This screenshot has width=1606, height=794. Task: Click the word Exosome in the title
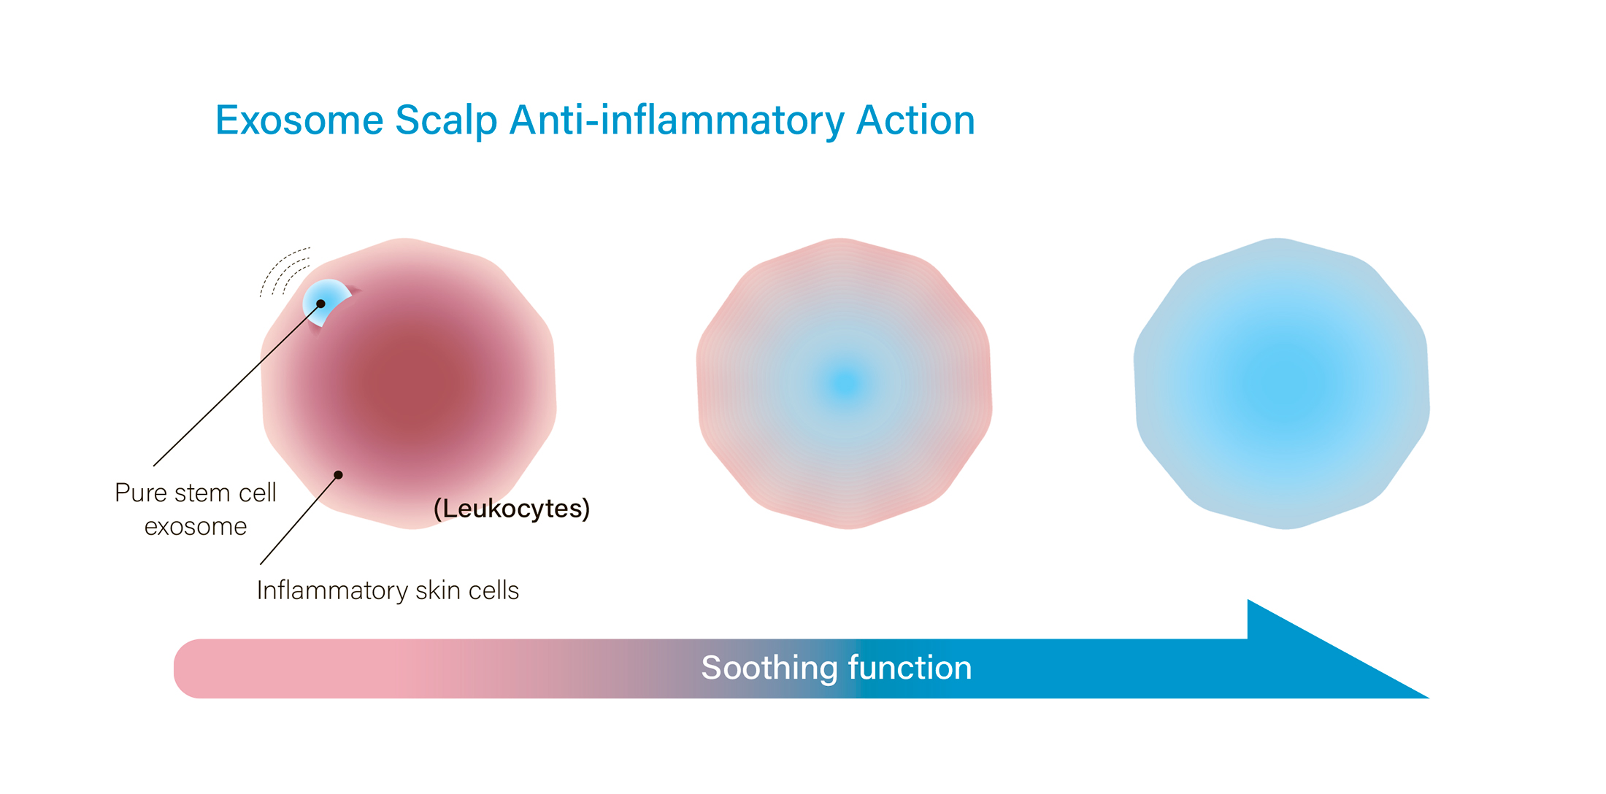pyautogui.click(x=299, y=120)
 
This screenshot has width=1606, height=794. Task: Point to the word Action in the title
pyautogui.click(x=915, y=120)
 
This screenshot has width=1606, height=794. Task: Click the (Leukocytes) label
pyautogui.click(x=512, y=508)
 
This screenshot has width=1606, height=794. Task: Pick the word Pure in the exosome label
pyautogui.click(x=142, y=493)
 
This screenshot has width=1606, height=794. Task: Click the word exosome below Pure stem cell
pyautogui.click(x=196, y=527)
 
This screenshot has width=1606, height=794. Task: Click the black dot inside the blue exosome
pyautogui.click(x=320, y=304)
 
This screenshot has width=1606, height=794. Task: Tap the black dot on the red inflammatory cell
pyautogui.click(x=338, y=475)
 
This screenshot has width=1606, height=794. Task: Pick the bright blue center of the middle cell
pyautogui.click(x=845, y=383)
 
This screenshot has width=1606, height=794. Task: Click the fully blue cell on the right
pyautogui.click(x=1281, y=383)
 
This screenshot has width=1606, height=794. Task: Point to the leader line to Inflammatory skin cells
pyautogui.click(x=299, y=520)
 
